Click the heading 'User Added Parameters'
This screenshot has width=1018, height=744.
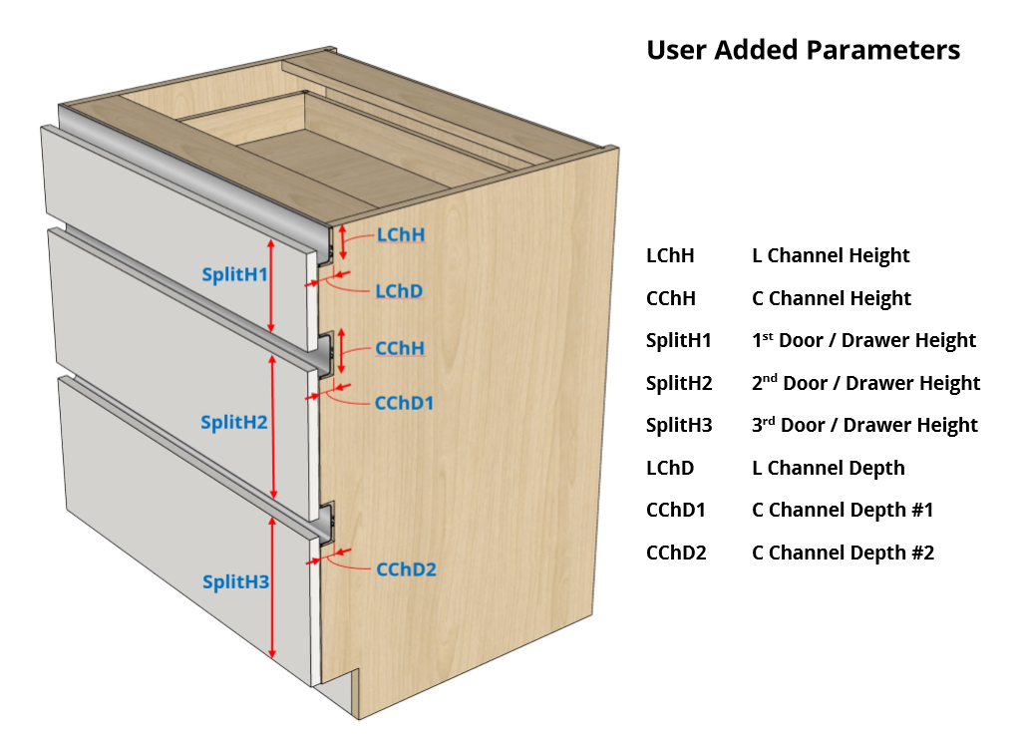click(803, 50)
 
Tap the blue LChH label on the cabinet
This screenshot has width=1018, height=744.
click(401, 235)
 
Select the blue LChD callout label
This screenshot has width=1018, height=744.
click(399, 291)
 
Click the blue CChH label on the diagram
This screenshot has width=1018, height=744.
click(400, 348)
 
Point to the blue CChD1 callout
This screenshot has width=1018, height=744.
click(404, 403)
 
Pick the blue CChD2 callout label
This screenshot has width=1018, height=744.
click(406, 569)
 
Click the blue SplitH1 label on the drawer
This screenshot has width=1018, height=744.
click(235, 274)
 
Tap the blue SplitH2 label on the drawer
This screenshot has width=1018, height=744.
click(234, 423)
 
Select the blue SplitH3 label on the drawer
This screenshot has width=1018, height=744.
click(236, 581)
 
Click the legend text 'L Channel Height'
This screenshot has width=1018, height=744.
click(831, 256)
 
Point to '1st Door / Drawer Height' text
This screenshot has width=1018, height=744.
click(863, 340)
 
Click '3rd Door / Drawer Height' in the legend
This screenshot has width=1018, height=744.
click(864, 425)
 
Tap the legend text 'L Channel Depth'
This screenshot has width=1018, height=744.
click(829, 468)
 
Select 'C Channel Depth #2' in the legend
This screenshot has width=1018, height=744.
click(843, 553)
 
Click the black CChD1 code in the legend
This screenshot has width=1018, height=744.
click(676, 511)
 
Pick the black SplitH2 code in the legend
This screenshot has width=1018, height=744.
click(679, 383)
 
